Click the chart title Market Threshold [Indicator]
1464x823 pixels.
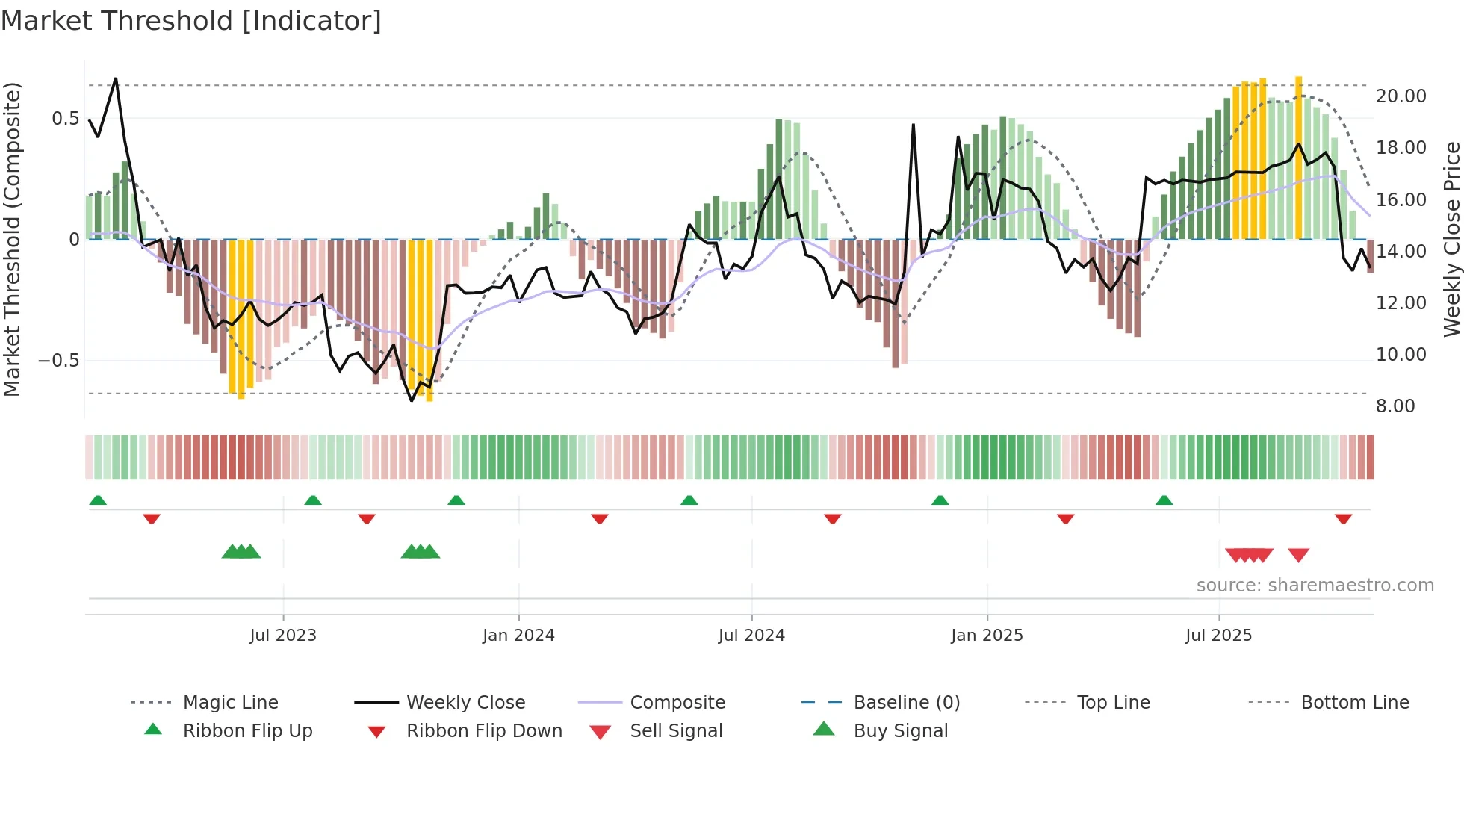coord(191,21)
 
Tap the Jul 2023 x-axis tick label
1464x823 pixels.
coord(283,636)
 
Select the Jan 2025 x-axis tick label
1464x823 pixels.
coord(987,636)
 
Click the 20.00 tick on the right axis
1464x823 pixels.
coord(1401,96)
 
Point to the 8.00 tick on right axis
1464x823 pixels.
coord(1395,406)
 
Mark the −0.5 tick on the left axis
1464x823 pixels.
coord(59,361)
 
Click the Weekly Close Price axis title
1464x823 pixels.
coord(1451,239)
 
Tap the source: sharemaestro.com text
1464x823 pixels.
coord(1315,586)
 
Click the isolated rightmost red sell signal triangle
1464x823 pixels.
coord(1298,555)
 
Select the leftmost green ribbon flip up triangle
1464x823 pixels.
coord(98,500)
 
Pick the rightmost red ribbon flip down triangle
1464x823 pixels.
coord(1343,518)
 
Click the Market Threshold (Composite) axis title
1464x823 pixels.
coord(12,239)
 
